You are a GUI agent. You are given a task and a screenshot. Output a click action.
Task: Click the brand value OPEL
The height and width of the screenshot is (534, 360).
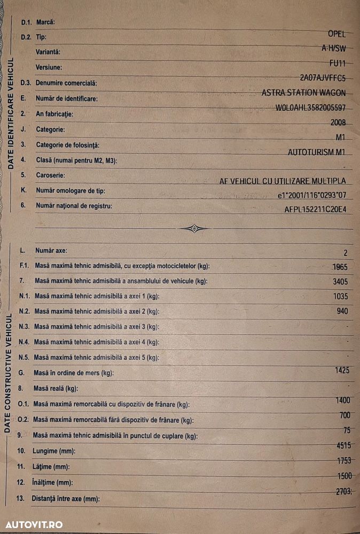click(x=336, y=33)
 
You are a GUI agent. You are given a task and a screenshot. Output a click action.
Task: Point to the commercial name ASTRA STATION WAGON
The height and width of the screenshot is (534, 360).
click(x=303, y=92)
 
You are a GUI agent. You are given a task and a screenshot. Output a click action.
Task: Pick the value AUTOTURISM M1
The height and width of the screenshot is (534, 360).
click(x=317, y=152)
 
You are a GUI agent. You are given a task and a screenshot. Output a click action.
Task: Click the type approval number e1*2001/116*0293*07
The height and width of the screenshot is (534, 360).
click(x=312, y=196)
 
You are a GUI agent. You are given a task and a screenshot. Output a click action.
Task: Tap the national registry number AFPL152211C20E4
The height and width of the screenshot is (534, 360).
click(x=315, y=210)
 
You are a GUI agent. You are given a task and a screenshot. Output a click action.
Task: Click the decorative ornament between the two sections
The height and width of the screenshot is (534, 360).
click(x=193, y=229)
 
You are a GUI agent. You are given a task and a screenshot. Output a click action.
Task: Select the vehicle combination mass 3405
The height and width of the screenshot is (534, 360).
click(x=339, y=282)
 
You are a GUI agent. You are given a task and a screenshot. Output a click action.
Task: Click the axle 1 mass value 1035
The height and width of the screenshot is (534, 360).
click(x=339, y=297)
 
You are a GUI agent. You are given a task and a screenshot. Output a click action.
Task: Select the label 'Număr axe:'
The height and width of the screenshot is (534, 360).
click(x=51, y=250)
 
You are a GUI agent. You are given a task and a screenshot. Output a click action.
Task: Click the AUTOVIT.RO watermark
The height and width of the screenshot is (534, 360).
click(x=34, y=524)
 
